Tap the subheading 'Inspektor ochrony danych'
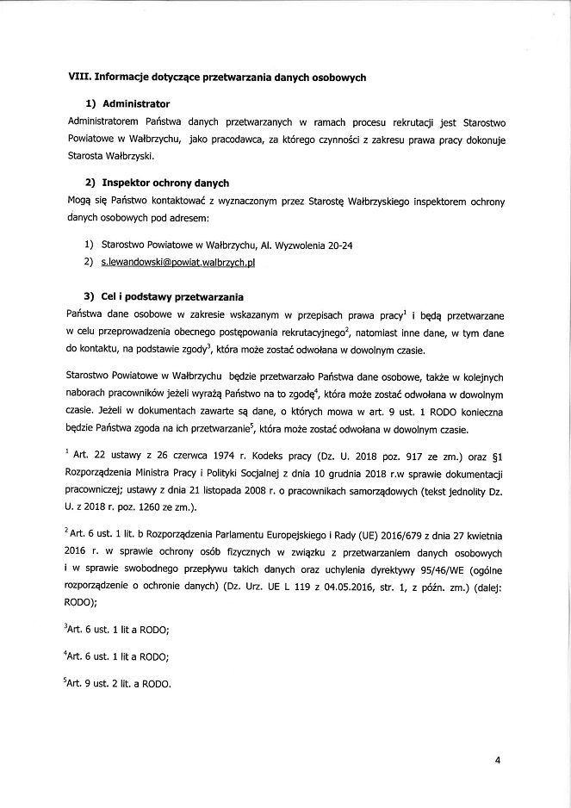pos(165,183)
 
